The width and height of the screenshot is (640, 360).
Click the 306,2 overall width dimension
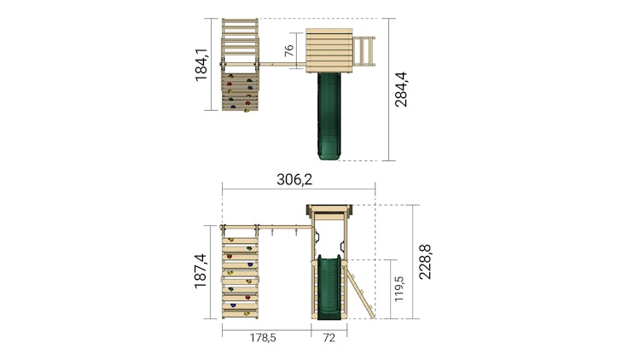[x=294, y=179]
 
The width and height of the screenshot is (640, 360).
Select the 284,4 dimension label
[x=401, y=90]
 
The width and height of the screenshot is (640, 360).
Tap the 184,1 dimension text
[x=201, y=65]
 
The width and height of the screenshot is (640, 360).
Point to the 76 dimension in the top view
[x=288, y=50]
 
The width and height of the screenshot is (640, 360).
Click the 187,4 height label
[x=201, y=271]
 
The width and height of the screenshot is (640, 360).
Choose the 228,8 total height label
[x=425, y=262]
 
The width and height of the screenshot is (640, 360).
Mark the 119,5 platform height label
[x=399, y=289]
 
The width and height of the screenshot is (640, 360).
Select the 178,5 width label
[x=263, y=338]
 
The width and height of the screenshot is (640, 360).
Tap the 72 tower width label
[x=329, y=338]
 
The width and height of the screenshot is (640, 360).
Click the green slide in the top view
[x=329, y=115]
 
